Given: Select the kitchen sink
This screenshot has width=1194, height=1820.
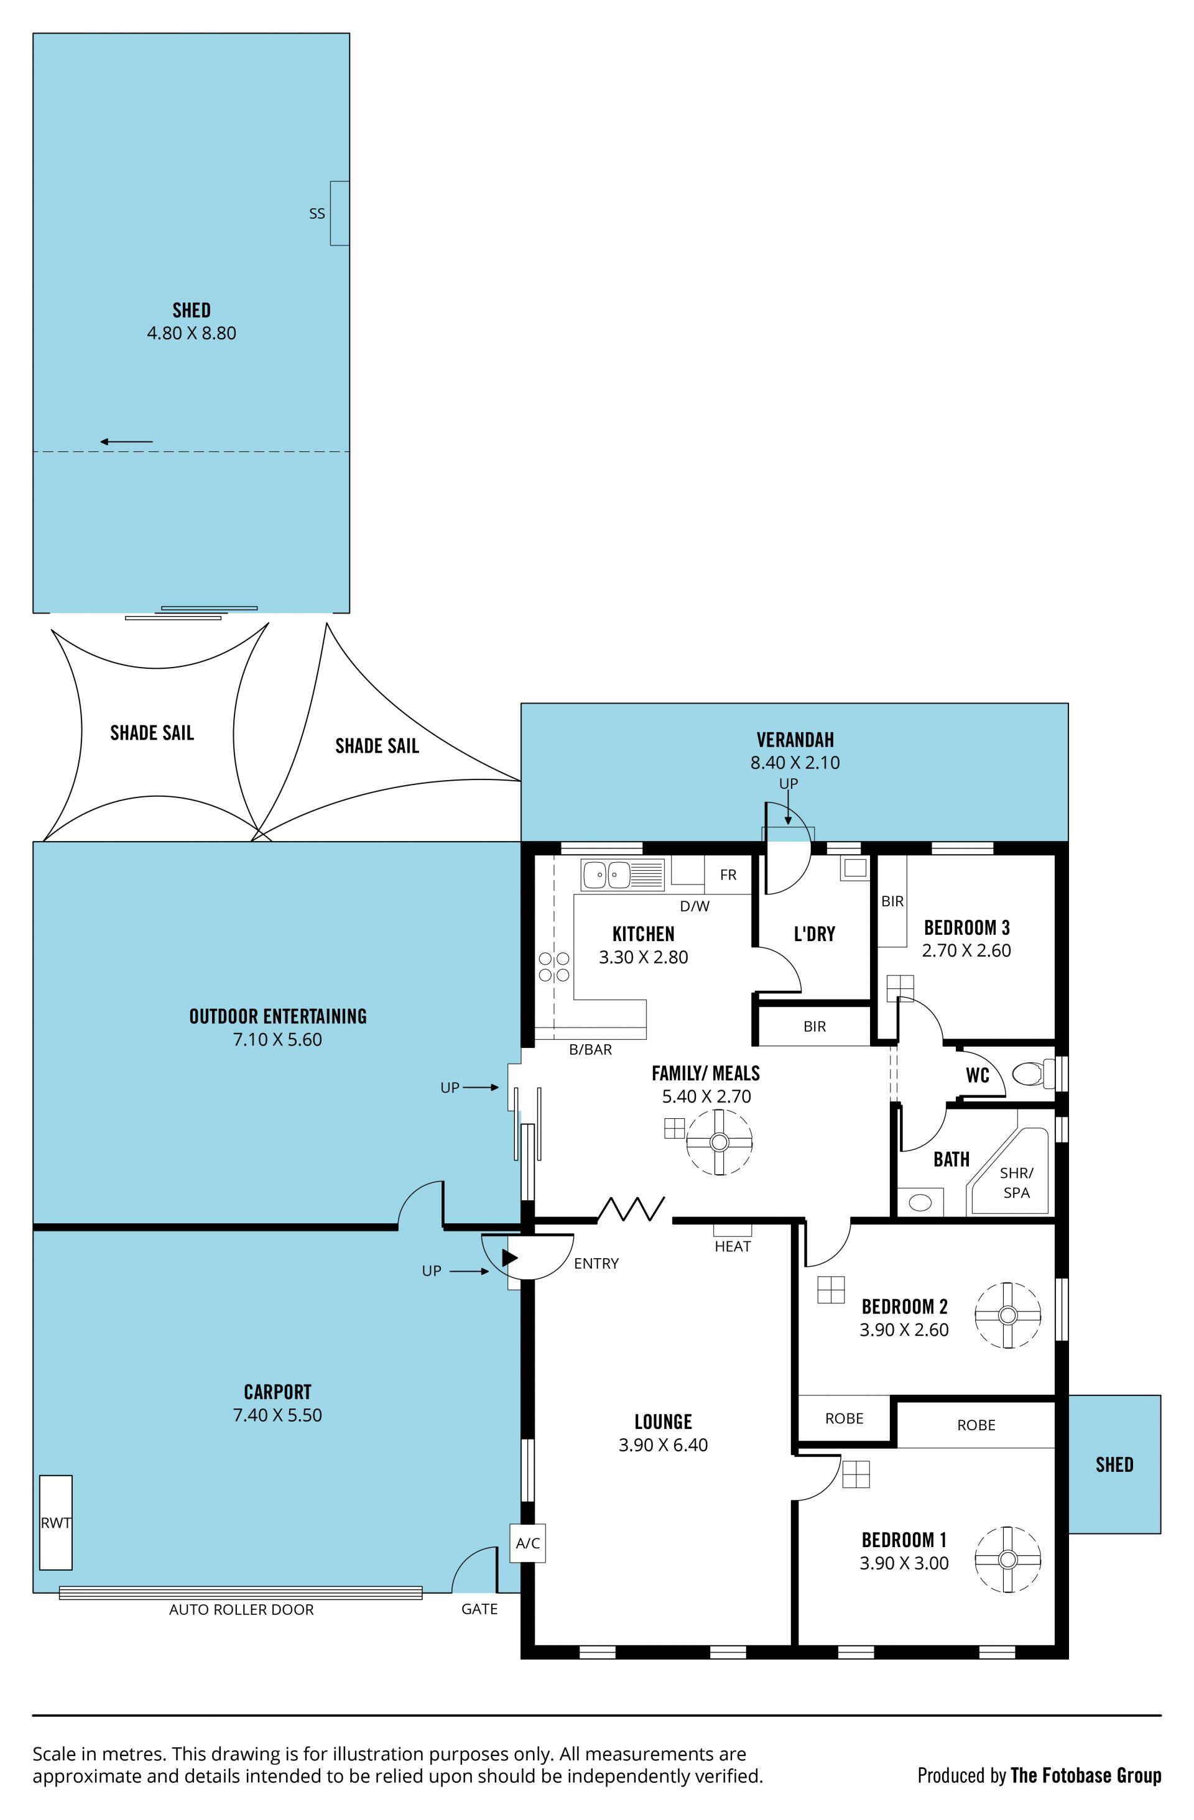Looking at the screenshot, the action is coord(622,875).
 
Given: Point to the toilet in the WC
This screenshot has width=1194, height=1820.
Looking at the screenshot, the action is coord(1032,1073).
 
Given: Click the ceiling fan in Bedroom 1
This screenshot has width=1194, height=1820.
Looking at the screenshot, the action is coord(1007,1560).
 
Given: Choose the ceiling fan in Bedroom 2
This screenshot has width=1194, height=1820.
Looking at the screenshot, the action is coord(1007,1315).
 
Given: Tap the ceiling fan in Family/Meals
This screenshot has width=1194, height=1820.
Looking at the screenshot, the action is coord(719,1142).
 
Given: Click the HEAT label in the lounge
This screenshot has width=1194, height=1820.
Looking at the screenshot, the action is coord(733,1246).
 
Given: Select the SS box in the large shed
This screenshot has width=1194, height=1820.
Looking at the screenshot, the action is coord(340,213).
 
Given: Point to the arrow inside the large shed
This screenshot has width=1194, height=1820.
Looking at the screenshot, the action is coord(126,441).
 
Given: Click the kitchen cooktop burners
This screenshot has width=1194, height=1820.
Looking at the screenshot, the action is coord(554,967).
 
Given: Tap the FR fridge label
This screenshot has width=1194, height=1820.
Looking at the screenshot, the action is coord(728,875).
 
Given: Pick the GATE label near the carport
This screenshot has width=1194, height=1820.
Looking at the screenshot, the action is coord(479,1609).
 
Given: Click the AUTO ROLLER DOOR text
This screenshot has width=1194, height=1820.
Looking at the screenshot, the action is coord(242,1610).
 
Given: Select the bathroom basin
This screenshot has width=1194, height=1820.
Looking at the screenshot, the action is coord(920,1203).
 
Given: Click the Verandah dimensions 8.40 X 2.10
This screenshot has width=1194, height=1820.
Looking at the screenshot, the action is coord(795,763).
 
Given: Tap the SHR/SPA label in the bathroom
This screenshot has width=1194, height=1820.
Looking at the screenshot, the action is coord(1017,1182).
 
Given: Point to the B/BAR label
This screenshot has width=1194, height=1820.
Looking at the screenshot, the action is coord(591,1050).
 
